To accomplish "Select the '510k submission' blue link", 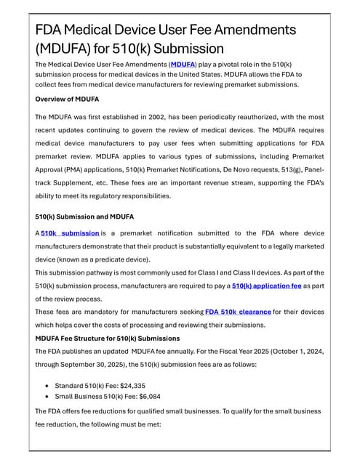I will coord(70,233).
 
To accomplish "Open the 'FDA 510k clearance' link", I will coord(238,312).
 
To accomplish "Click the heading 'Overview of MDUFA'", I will coord(67,99).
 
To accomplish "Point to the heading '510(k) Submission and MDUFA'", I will coord(84,216).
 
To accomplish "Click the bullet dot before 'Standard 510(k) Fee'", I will coord(47,385).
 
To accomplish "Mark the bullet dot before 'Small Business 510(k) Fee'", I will coord(47,397).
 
